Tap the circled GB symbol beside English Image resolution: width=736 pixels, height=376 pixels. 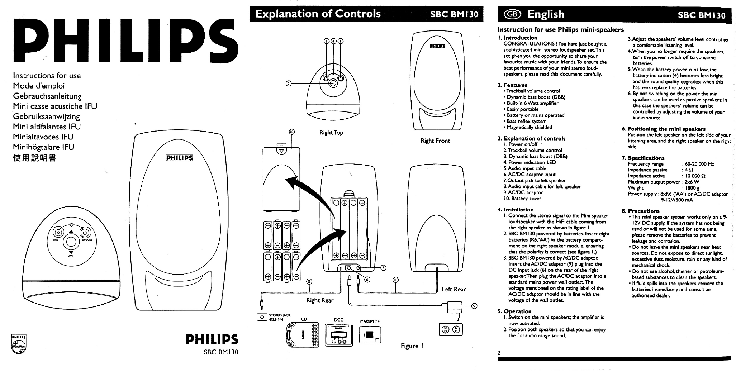pyautogui.click(x=512, y=14)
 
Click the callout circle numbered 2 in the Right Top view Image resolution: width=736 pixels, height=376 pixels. pyautogui.click(x=288, y=84)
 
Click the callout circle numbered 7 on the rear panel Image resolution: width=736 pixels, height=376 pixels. pyautogui.click(x=383, y=268)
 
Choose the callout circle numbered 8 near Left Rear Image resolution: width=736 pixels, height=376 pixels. pyautogui.click(x=395, y=280)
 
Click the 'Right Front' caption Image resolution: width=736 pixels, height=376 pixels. pyautogui.click(x=435, y=141)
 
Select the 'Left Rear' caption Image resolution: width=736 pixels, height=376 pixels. pyautogui.click(x=454, y=289)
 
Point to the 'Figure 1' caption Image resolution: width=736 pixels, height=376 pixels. pyautogui.click(x=412, y=346)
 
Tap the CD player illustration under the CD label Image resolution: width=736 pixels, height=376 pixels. pyautogui.click(x=303, y=334)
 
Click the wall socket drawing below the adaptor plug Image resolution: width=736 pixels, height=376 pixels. pyautogui.click(x=451, y=329)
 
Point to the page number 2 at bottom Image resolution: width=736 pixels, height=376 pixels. pyautogui.click(x=499, y=353)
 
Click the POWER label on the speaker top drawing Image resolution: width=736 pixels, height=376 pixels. pyautogui.click(x=87, y=241)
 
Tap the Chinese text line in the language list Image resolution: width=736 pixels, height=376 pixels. pyautogui.click(x=34, y=158)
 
